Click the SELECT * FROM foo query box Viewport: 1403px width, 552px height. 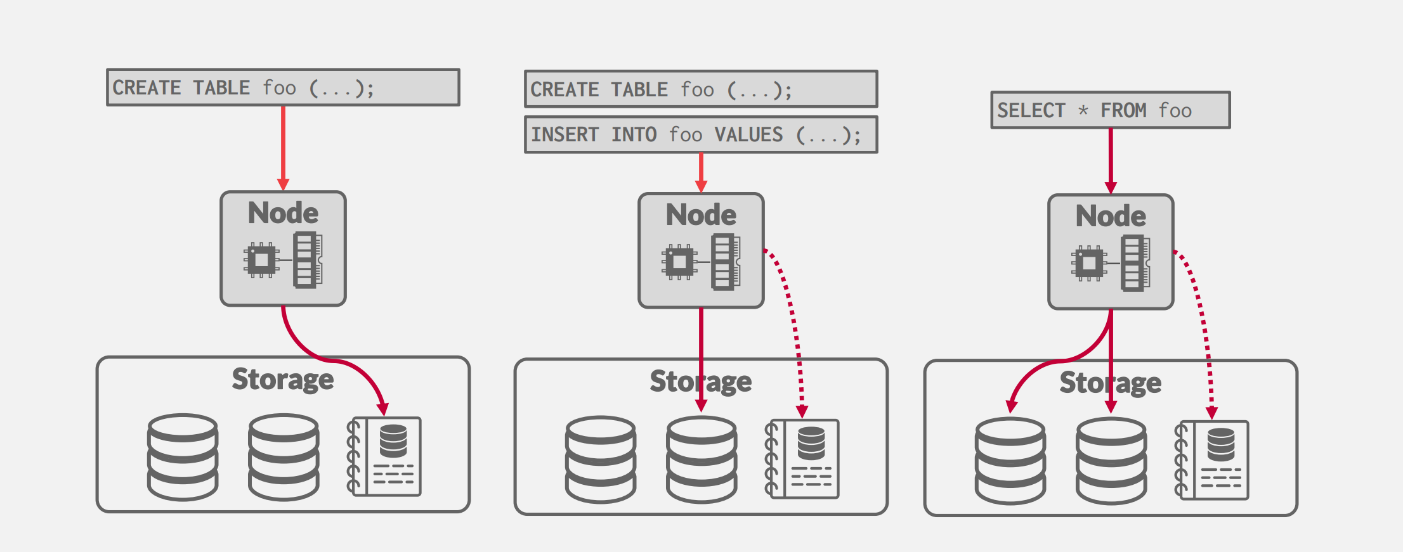(1110, 110)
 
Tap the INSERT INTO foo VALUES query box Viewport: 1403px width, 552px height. (701, 134)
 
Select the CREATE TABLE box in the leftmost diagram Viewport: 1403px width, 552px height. (283, 87)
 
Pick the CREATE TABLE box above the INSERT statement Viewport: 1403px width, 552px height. (701, 89)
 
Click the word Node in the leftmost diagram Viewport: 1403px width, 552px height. (283, 213)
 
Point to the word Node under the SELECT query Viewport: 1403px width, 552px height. (1111, 216)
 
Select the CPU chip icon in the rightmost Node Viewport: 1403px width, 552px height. (1089, 262)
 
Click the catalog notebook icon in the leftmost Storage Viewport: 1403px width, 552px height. (385, 456)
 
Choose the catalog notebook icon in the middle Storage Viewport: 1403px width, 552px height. (803, 459)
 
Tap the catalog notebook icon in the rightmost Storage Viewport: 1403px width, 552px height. (1213, 460)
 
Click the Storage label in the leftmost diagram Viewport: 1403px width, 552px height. (283, 379)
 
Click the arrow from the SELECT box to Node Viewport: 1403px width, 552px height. (1111, 158)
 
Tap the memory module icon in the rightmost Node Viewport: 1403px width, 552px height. (1136, 263)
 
